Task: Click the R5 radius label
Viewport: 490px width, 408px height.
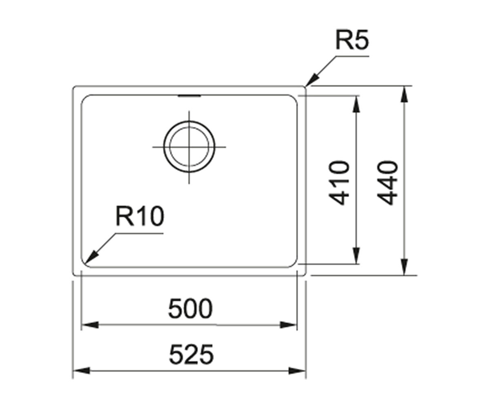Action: (352, 40)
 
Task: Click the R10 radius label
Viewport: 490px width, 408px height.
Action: (140, 216)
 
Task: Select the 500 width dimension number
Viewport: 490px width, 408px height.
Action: (190, 308)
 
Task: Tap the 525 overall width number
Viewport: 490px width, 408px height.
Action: (191, 354)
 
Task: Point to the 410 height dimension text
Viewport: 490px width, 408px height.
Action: (339, 183)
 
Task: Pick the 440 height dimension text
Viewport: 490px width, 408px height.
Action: (387, 183)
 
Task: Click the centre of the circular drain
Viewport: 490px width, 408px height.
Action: (189, 147)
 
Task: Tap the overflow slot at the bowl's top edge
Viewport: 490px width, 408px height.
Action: (189, 95)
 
